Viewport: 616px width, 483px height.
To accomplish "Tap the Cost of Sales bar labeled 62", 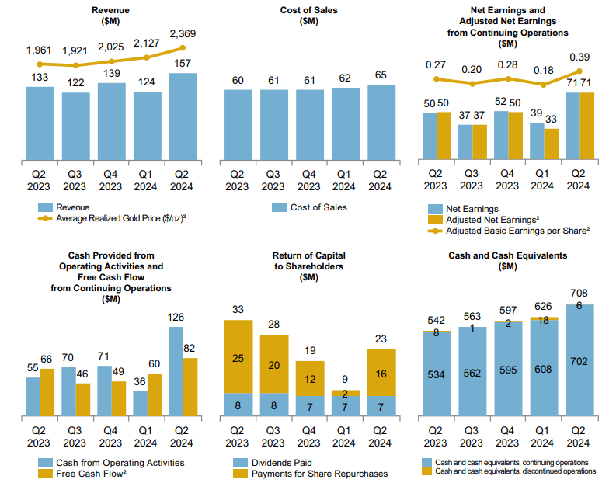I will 345,124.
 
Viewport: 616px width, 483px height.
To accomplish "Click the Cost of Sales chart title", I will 308,16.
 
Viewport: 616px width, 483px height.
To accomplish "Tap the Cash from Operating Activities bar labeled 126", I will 176,370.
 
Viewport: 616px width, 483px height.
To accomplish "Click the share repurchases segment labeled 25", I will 238,356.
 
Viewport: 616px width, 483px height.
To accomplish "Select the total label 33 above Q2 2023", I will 238,309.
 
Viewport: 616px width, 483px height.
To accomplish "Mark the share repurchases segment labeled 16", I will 380,373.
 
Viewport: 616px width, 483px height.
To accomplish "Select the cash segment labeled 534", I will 437,375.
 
